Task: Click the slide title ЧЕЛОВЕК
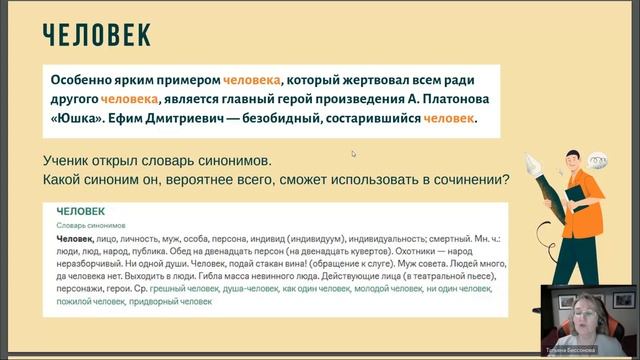click(x=96, y=36)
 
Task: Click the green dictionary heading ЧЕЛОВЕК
click(x=81, y=213)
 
